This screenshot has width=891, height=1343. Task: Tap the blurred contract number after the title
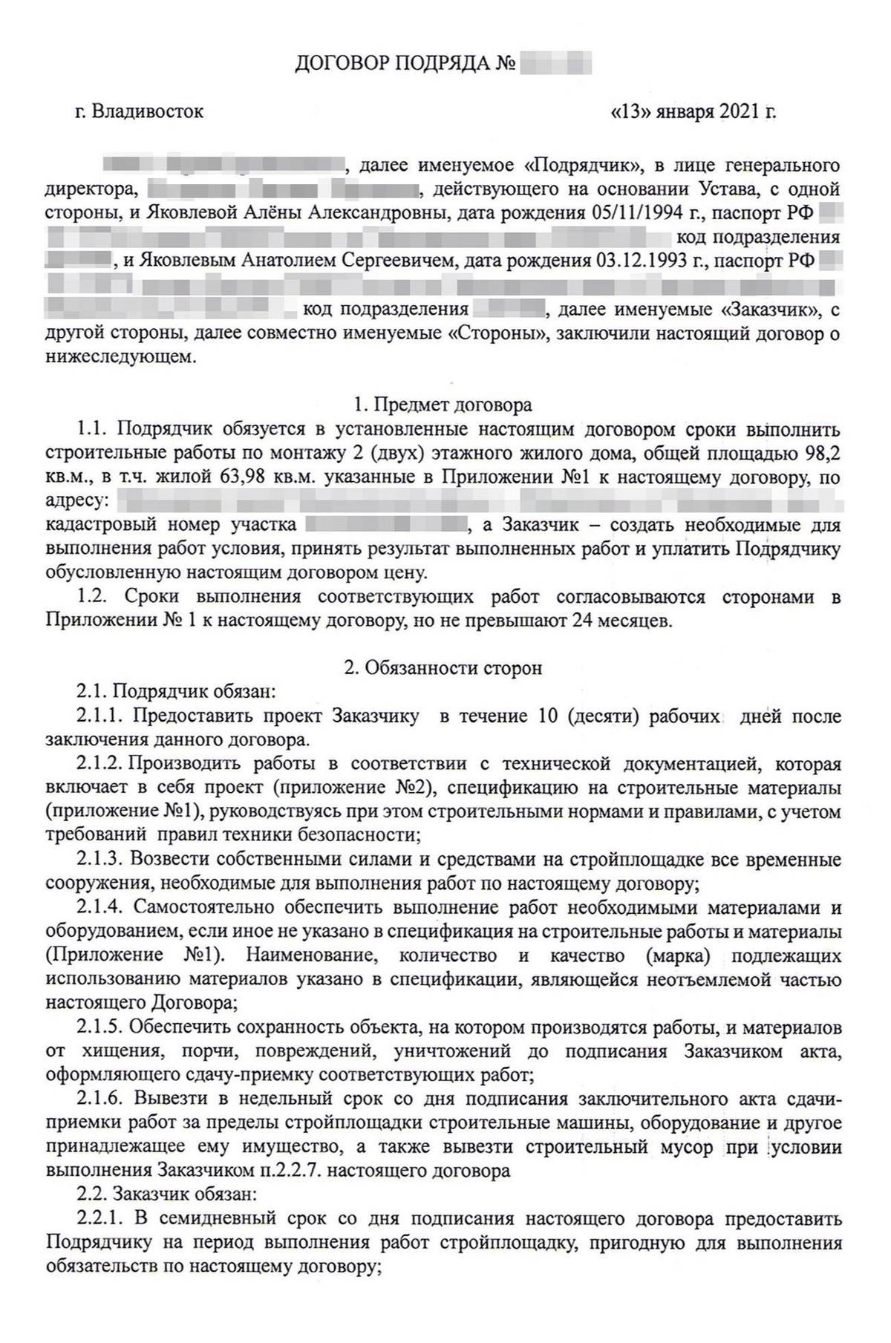point(556,62)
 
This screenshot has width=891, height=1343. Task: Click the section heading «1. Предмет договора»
point(443,405)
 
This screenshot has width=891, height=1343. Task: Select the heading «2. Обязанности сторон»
point(443,668)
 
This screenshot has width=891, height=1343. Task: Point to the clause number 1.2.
point(93,597)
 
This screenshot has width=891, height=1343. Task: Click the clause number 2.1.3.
point(100,860)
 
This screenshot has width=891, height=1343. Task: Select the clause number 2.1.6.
point(100,1098)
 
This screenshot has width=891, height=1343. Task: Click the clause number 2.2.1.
point(100,1218)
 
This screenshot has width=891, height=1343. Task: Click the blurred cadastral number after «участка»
point(387,526)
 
